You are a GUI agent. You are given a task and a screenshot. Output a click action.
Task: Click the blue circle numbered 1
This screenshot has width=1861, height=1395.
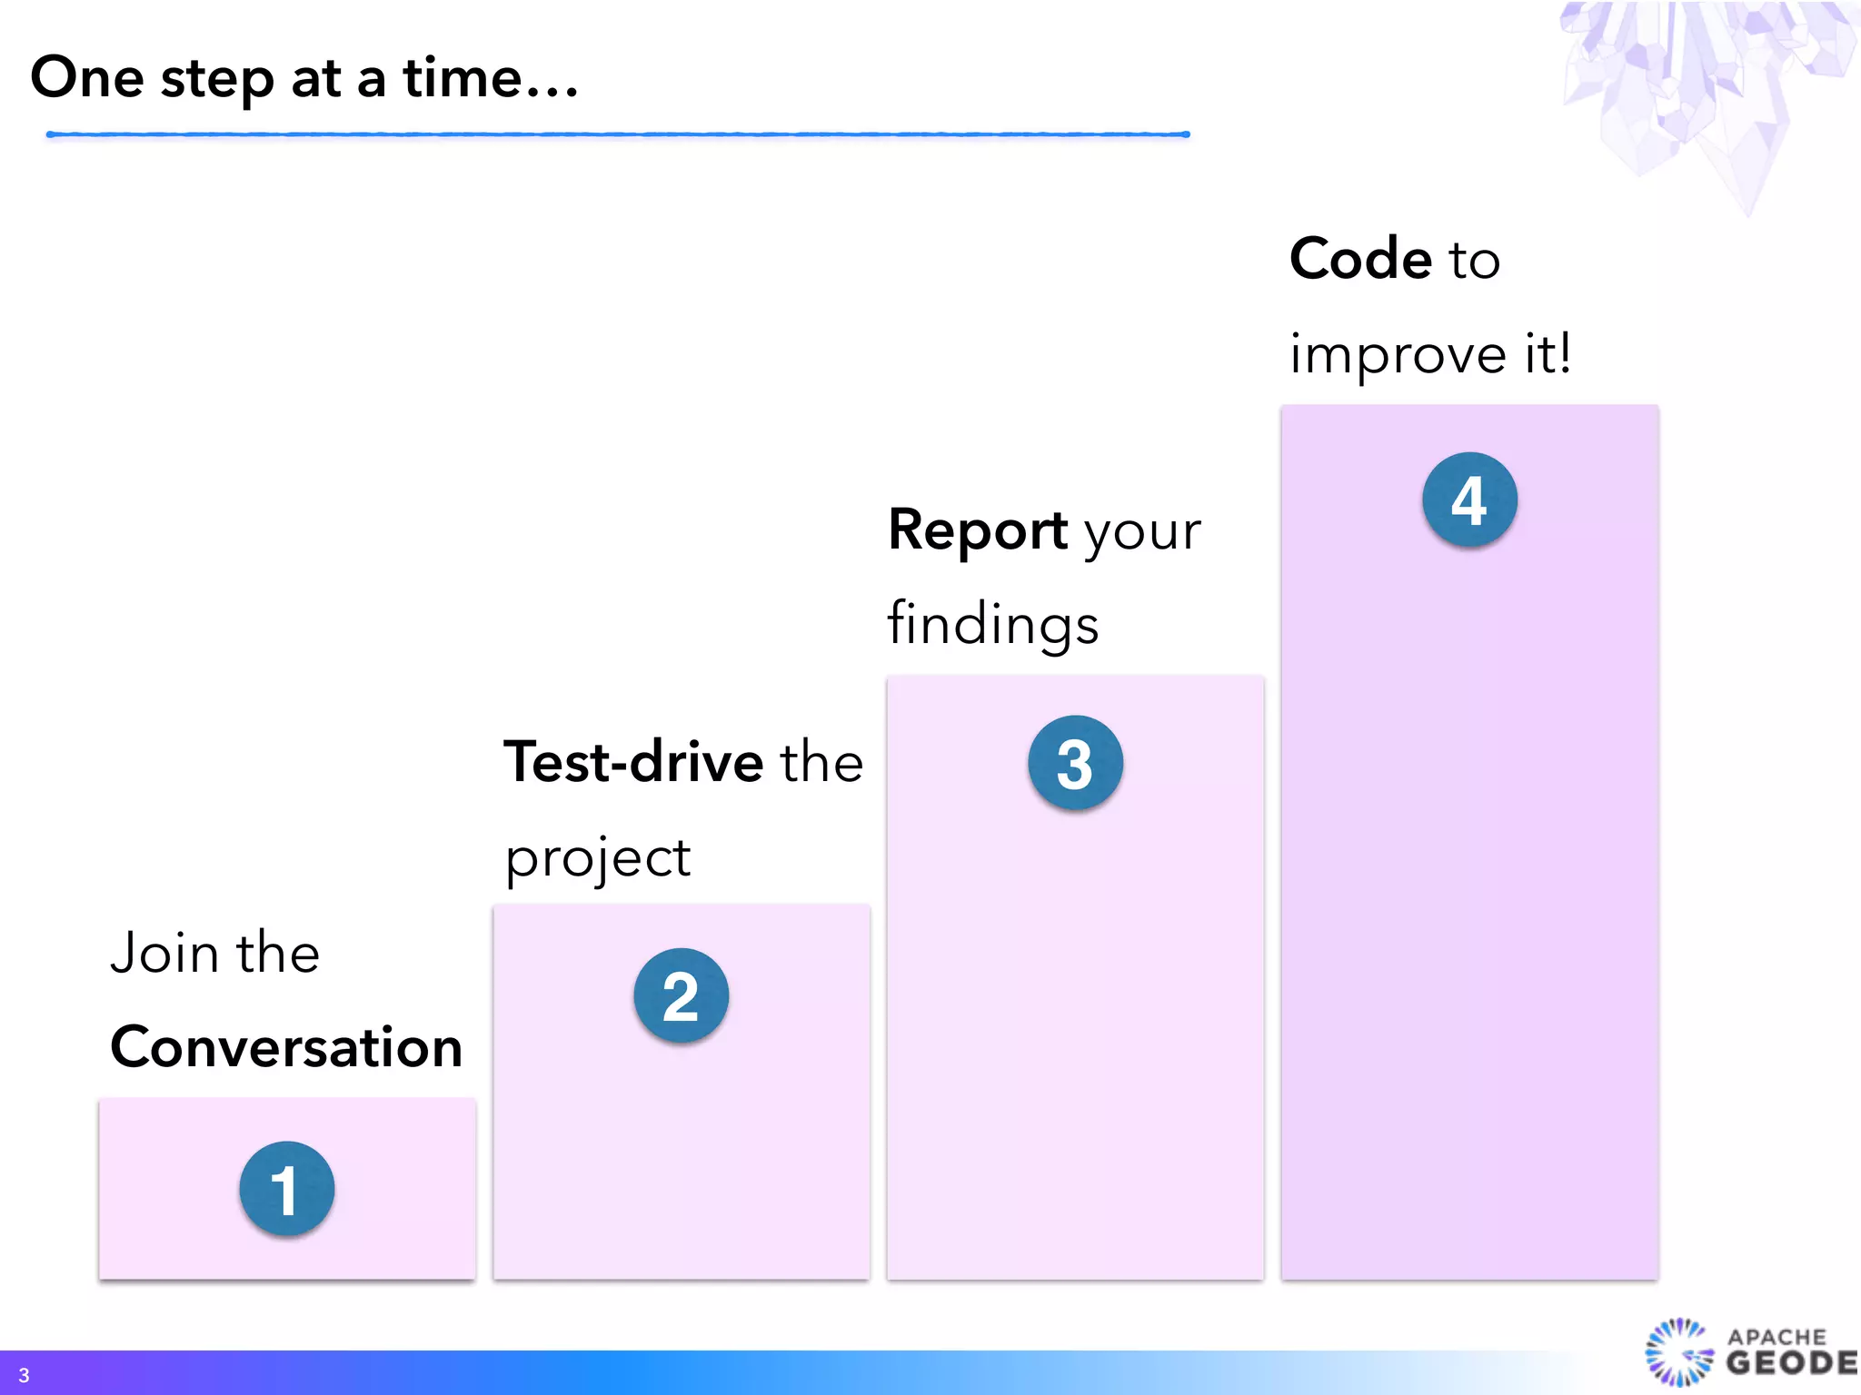[286, 1189]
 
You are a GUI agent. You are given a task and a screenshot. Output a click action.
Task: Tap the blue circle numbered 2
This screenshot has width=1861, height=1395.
[681, 995]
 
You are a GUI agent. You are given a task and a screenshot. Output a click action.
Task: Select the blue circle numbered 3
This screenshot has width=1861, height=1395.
[1075, 763]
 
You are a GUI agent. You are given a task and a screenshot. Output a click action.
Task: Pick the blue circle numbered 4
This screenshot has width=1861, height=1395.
[1469, 500]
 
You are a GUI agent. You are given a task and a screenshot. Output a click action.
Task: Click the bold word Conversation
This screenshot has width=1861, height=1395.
[286, 1047]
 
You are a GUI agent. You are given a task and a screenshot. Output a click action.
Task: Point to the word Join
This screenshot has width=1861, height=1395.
[164, 954]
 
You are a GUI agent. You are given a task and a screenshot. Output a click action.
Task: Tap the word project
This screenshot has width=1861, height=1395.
[598, 858]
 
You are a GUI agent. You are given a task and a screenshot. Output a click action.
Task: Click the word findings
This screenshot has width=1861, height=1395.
[992, 626]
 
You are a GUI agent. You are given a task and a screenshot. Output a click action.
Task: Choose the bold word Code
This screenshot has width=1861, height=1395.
[1360, 260]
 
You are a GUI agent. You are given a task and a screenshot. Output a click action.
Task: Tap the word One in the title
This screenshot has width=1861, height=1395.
[87, 78]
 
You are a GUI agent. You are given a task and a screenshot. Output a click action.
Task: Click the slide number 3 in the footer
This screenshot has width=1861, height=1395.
[24, 1375]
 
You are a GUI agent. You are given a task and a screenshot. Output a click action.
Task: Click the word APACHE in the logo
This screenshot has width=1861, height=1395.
[1776, 1336]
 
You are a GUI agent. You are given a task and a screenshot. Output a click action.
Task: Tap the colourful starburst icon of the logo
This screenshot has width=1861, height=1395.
[1679, 1352]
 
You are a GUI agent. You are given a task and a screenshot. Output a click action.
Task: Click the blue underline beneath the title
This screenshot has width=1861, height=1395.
[618, 134]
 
